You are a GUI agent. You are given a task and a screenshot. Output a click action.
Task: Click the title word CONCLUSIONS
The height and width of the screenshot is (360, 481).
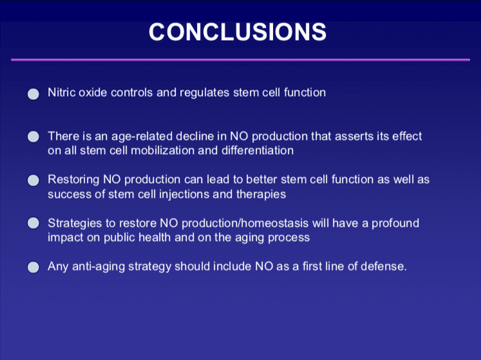point(238,32)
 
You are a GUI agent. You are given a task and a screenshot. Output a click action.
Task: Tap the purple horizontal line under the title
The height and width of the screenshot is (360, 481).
point(241,60)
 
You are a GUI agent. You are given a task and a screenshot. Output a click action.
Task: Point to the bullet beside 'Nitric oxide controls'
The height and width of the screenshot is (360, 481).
point(33,94)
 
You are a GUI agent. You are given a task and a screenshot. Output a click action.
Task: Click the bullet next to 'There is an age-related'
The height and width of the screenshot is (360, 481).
point(33,137)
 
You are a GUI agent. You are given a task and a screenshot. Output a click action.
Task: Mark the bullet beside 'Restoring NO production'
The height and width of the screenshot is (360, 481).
point(33,180)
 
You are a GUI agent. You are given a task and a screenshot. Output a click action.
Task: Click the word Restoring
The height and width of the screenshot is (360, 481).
point(73,180)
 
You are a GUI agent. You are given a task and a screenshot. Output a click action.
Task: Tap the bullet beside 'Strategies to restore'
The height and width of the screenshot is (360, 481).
point(33,223)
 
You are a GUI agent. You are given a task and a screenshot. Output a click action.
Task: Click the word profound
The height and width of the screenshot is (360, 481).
point(395,223)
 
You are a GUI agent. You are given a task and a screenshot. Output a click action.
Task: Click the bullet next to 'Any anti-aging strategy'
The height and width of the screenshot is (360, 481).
point(33,267)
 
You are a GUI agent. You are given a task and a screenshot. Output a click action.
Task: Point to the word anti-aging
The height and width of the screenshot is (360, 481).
point(99,267)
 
